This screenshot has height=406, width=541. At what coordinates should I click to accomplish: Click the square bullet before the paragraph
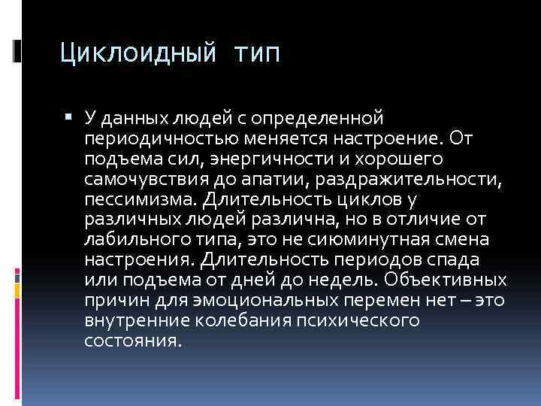[x=68, y=117]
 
